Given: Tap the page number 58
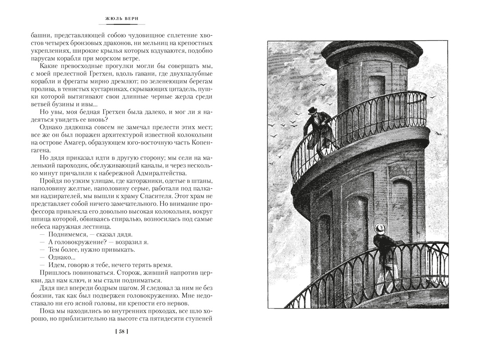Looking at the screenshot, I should click(121, 332).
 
